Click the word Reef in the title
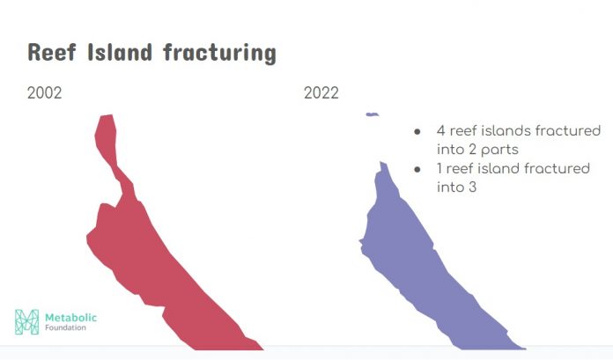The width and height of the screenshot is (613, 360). click(51, 53)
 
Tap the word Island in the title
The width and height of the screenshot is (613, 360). click(120, 52)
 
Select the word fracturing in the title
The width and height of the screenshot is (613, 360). click(219, 53)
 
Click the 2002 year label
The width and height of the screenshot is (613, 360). click(45, 93)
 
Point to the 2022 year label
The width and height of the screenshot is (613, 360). click(321, 93)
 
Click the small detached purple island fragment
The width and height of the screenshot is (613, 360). click(373, 114)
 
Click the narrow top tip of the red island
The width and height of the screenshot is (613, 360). click(107, 115)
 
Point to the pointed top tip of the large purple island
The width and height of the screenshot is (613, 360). click(383, 163)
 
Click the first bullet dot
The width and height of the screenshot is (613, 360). click(417, 132)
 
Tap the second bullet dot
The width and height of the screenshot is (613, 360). click(417, 170)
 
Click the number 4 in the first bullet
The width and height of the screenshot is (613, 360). click(441, 130)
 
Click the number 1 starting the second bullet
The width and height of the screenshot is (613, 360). click(439, 168)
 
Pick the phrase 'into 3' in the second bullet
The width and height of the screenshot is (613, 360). click(456, 187)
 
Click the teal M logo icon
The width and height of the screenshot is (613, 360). click(27, 321)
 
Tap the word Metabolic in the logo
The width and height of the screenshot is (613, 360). click(70, 318)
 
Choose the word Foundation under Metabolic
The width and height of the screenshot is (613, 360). click(65, 327)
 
